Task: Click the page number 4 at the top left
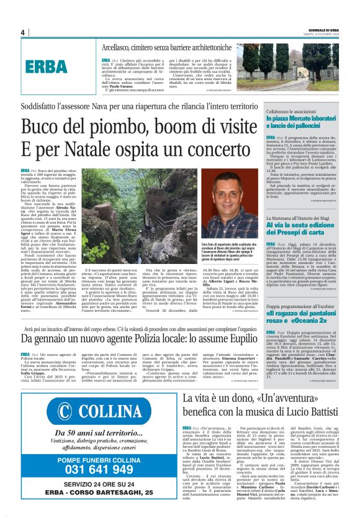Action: coord(22,32)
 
